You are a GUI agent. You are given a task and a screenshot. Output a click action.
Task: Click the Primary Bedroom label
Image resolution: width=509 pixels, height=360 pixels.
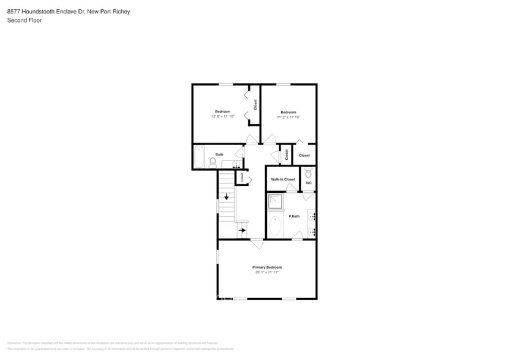tap(267, 267)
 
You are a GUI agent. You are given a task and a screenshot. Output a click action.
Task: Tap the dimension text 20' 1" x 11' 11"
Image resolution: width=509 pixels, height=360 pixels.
tap(267, 272)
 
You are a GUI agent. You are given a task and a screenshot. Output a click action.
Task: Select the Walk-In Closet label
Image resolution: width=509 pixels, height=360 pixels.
tap(283, 179)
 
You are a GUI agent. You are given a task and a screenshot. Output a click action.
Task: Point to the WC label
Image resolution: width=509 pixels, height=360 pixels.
tap(309, 183)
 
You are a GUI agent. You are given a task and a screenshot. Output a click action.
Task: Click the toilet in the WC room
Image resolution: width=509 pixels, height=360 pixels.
tap(309, 173)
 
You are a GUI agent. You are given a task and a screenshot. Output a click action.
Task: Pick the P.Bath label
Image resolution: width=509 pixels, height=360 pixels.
tap(294, 216)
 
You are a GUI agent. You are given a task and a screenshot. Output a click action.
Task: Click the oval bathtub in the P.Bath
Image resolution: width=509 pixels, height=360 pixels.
tap(275, 226)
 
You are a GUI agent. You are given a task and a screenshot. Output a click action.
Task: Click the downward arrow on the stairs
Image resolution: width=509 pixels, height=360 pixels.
tap(226, 197)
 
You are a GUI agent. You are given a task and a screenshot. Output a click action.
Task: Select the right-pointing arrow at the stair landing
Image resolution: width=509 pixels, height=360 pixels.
tap(242, 230)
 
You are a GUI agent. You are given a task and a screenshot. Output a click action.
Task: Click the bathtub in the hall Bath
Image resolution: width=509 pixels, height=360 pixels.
tap(198, 157)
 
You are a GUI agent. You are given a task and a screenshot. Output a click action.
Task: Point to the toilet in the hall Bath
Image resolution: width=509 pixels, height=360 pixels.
tap(213, 162)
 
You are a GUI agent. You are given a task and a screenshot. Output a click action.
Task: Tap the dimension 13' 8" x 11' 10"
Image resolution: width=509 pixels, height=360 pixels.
tap(222, 116)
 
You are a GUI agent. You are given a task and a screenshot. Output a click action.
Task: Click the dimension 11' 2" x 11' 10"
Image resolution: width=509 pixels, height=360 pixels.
tap(288, 117)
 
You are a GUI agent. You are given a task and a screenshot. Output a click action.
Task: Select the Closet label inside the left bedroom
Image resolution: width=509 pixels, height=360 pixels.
tap(255, 105)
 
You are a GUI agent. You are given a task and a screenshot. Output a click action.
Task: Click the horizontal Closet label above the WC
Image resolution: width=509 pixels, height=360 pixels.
tap(304, 156)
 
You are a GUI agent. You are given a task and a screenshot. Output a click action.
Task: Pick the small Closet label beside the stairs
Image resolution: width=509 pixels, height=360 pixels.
tap(242, 177)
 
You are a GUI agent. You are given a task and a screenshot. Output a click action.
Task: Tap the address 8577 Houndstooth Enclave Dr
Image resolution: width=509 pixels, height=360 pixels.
tap(43, 12)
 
